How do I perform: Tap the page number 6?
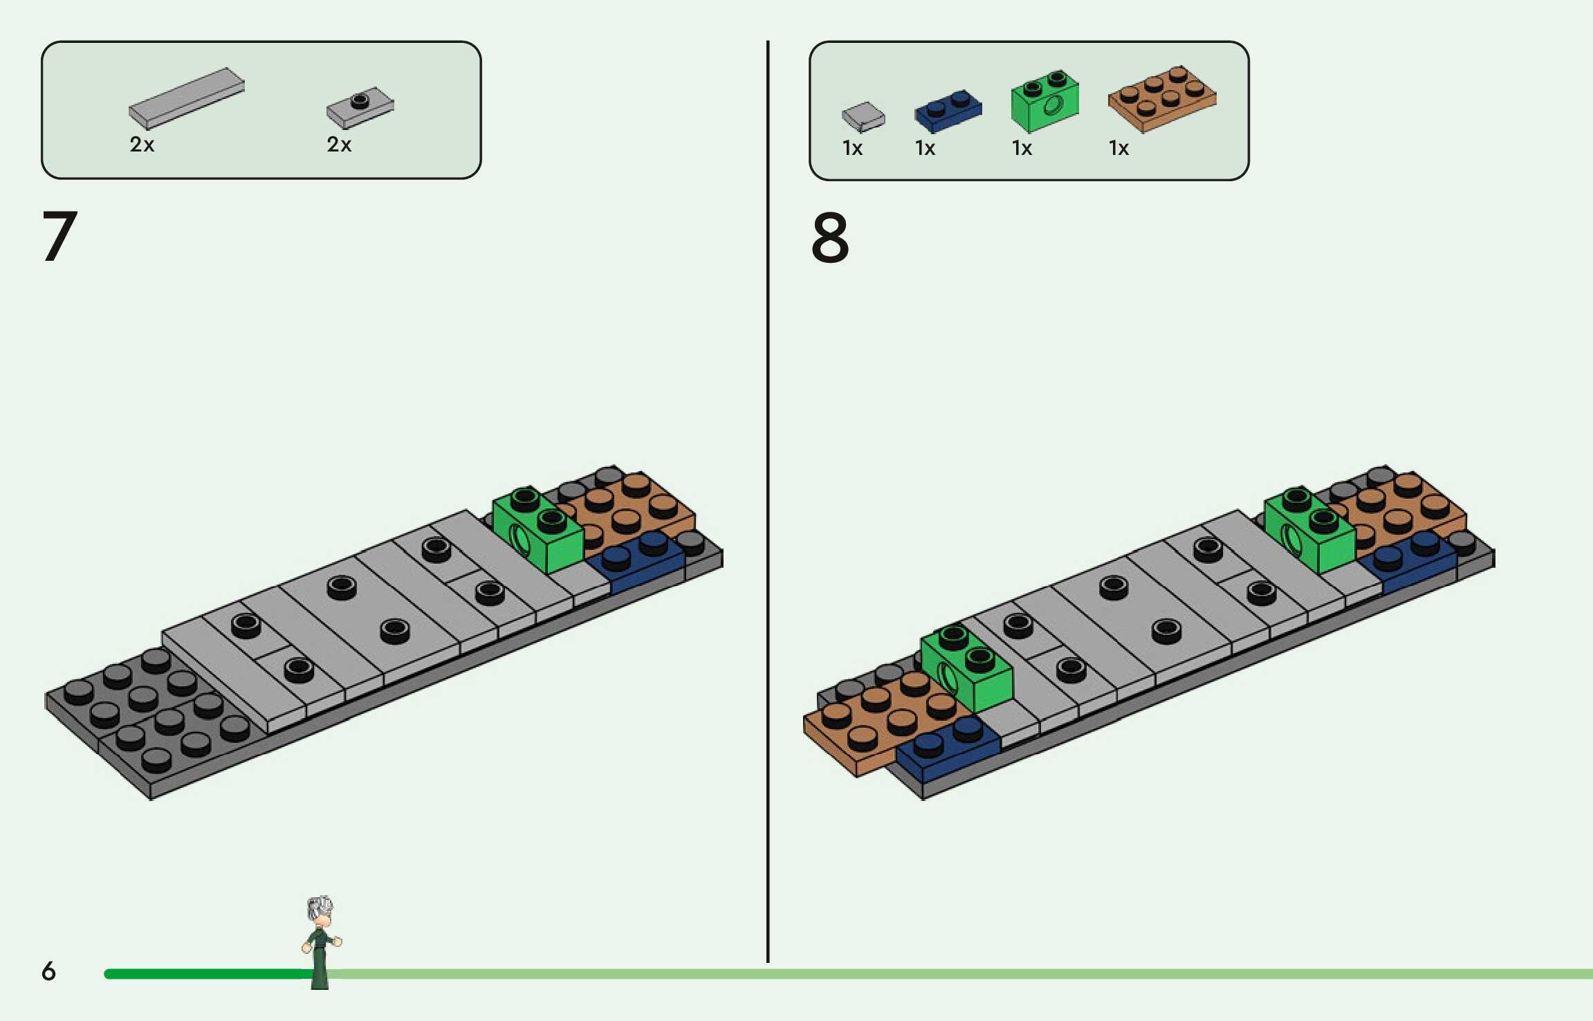tap(48, 971)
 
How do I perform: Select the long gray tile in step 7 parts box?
tap(186, 98)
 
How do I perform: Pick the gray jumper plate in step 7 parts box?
tap(360, 107)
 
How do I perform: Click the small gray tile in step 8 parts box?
tap(863, 116)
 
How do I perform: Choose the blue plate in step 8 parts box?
tap(948, 111)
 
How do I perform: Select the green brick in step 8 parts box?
tap(1044, 102)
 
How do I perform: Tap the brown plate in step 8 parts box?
tap(1162, 98)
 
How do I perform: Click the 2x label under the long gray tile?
tap(142, 145)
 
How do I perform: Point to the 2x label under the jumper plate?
tap(339, 145)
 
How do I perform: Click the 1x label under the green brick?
tap(1022, 148)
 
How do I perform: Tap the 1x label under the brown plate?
tap(1118, 148)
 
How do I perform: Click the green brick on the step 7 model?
tap(538, 531)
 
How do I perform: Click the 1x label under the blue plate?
tap(925, 148)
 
